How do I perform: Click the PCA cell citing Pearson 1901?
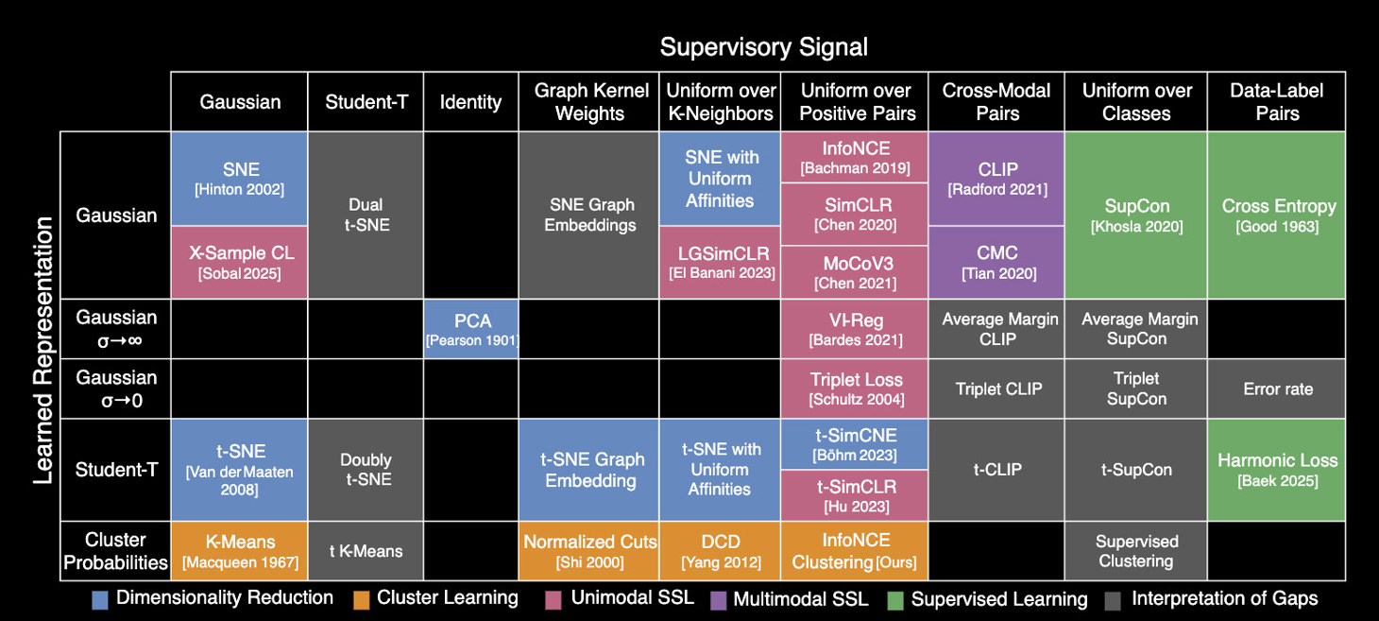pos(472,329)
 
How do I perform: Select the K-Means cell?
pos(240,551)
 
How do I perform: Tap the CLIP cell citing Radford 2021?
pos(997,179)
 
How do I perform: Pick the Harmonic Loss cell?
pos(1277,469)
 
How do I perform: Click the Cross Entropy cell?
pos(1277,215)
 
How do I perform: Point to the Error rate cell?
pos(1277,388)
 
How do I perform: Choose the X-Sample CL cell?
pos(240,262)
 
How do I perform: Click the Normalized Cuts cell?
pos(590,551)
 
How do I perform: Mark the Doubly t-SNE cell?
pos(366,469)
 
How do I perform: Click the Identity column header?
pos(470,102)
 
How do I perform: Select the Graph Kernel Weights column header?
pos(590,102)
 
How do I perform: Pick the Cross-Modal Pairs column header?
pos(997,102)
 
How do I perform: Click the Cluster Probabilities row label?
pos(115,551)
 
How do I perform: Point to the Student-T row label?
pos(115,469)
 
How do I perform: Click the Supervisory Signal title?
pos(763,46)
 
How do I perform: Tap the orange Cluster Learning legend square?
pos(362,598)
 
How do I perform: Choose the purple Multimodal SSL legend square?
pos(718,598)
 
